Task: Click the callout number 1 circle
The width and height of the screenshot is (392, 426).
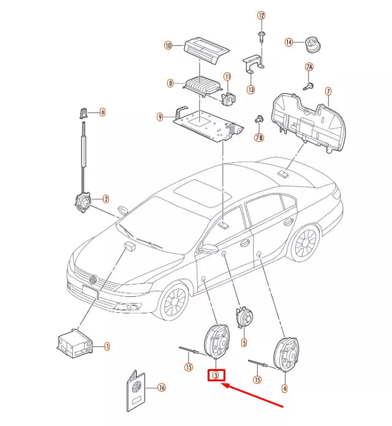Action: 107,346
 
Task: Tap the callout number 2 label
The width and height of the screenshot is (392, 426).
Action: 105,199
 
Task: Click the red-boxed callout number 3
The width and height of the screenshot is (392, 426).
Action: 216,375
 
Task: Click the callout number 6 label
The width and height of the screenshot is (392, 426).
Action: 102,111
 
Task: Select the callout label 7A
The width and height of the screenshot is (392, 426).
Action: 309,66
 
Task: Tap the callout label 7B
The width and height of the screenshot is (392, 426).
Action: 258,138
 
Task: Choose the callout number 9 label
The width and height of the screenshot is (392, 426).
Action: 160,116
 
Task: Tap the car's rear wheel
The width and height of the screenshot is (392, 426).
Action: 304,243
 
